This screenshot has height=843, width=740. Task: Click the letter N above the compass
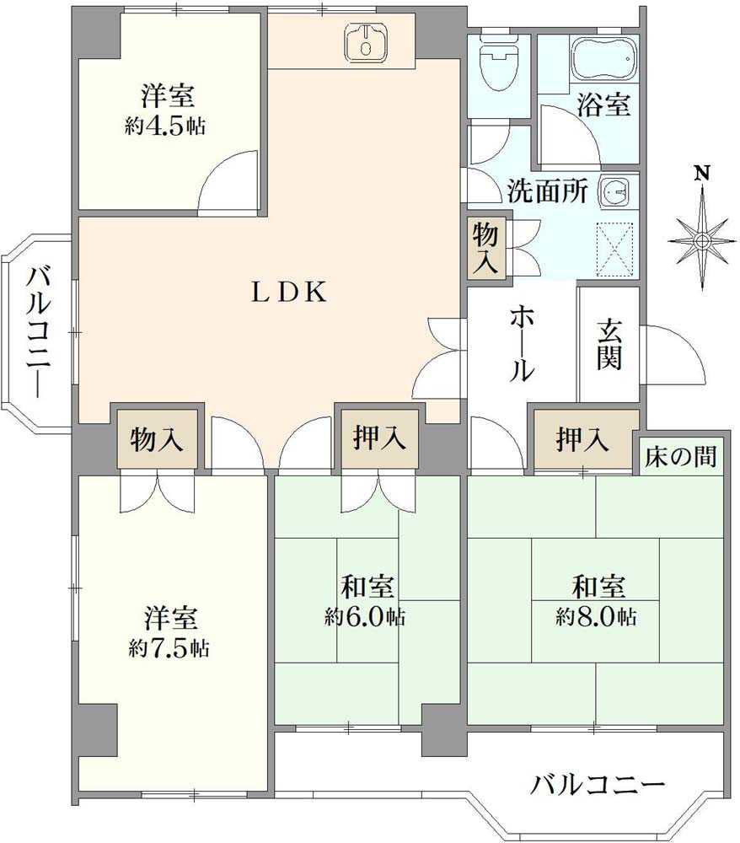pyautogui.click(x=701, y=174)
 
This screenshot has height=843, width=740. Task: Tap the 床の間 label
pyautogui.click(x=682, y=457)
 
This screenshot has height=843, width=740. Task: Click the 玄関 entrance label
pyautogui.click(x=609, y=344)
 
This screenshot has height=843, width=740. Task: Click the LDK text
pyautogui.click(x=289, y=292)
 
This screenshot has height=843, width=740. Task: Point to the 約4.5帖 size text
pyautogui.click(x=166, y=127)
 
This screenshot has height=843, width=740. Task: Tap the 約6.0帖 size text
pyautogui.click(x=365, y=617)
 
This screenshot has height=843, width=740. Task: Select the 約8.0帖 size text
pyautogui.click(x=596, y=616)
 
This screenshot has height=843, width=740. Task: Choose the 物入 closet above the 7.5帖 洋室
pyautogui.click(x=158, y=438)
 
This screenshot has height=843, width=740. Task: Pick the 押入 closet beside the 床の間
pyautogui.click(x=582, y=439)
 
